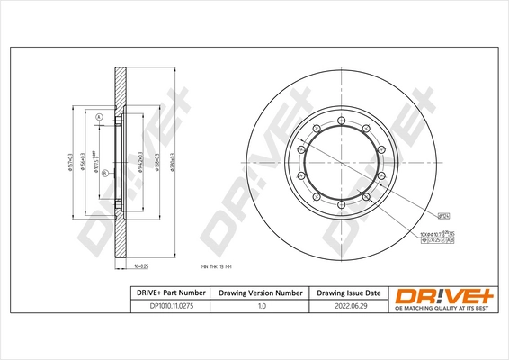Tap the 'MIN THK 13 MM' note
[217, 267]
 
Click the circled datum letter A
[100, 118]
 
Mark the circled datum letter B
[104, 173]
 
